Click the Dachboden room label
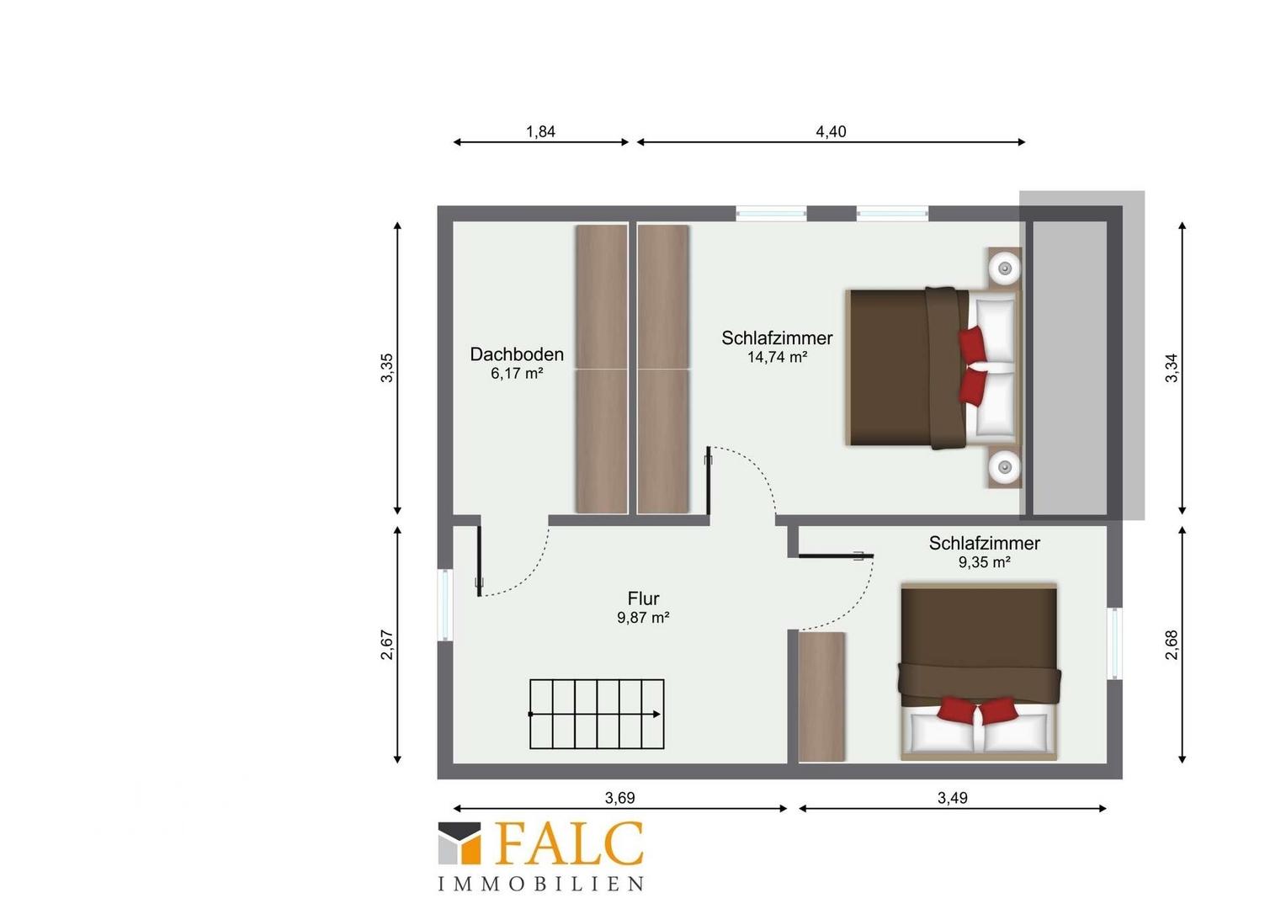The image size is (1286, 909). click(517, 354)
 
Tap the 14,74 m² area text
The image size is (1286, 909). click(778, 357)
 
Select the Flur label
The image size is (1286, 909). click(643, 598)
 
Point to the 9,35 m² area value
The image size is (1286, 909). click(985, 562)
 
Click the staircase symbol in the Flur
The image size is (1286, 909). click(597, 715)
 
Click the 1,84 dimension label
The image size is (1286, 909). click(541, 131)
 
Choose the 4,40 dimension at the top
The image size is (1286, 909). click(831, 131)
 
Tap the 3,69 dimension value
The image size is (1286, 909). click(620, 798)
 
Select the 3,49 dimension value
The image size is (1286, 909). click(953, 798)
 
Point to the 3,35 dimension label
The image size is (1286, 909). click(387, 368)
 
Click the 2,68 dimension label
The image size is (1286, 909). click(1172, 645)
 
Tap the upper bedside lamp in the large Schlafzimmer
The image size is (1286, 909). click(1005, 268)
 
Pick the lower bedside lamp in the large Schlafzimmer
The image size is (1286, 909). click(1005, 467)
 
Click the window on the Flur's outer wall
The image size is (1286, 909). click(445, 604)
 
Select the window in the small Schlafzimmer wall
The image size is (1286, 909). click(1114, 643)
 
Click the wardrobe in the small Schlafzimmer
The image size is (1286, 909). click(821, 697)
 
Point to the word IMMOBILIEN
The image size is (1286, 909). click(541, 884)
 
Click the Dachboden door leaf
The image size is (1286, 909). click(478, 561)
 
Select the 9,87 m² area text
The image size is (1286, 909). click(643, 618)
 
